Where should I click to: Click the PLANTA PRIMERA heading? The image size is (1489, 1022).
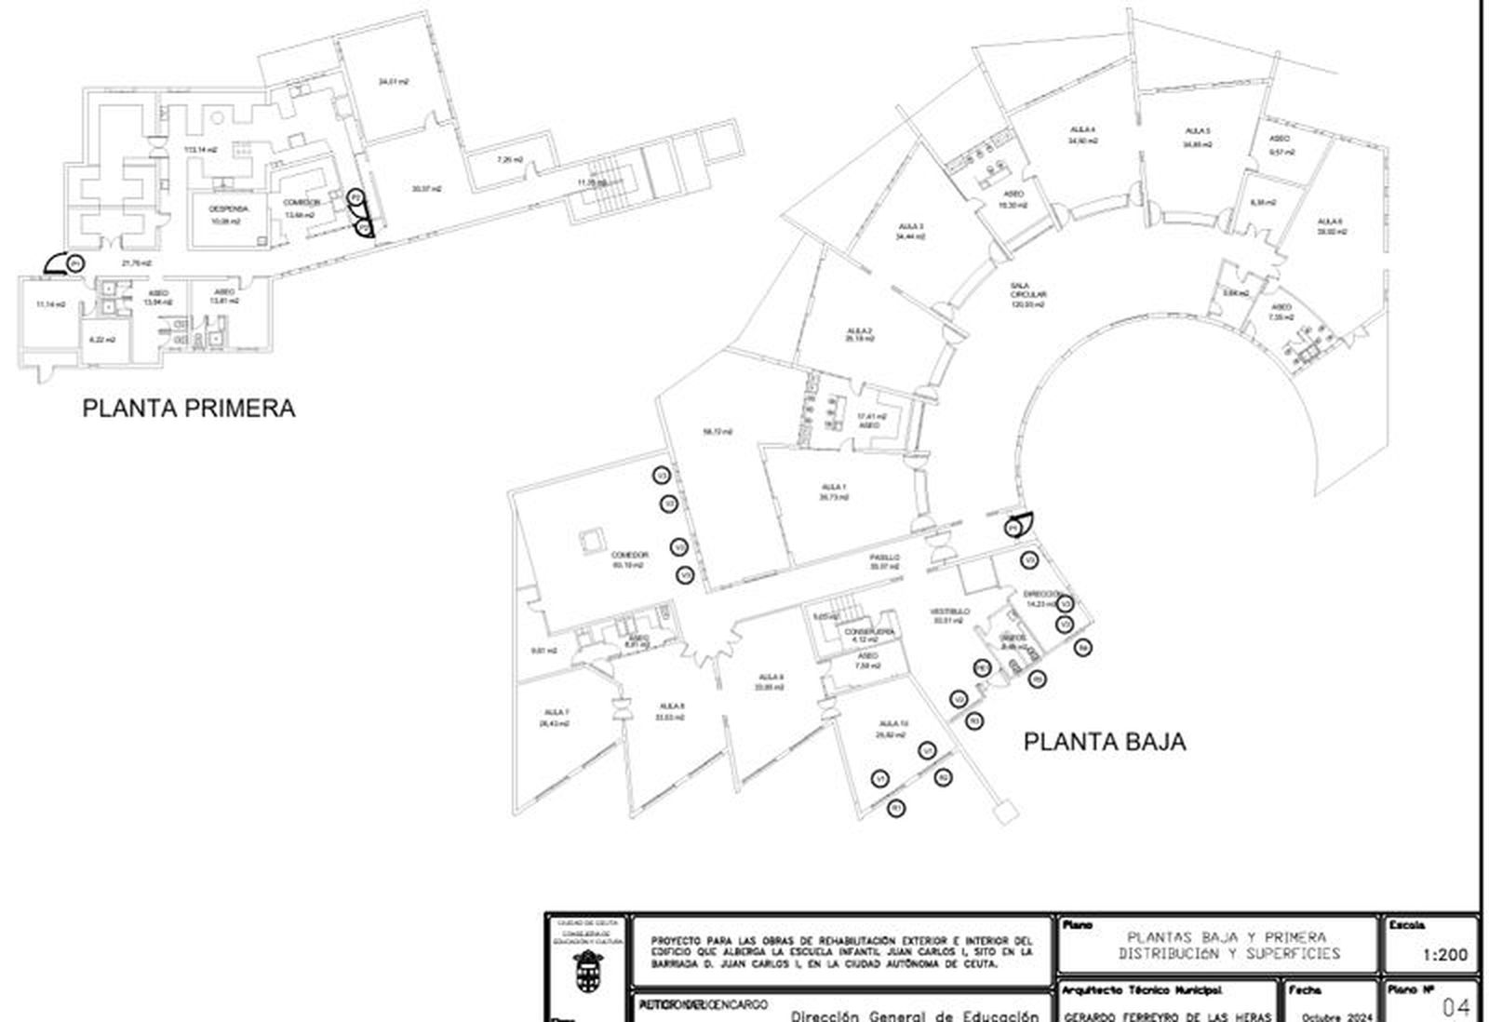tap(189, 409)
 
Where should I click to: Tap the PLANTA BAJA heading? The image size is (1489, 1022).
tap(1105, 742)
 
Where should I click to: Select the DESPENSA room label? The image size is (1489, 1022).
tap(229, 209)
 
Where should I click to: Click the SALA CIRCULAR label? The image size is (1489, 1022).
tap(1028, 294)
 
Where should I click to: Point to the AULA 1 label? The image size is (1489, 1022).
tap(834, 487)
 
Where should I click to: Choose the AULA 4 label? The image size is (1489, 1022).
tap(1082, 129)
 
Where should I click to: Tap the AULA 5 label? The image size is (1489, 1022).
tap(1197, 131)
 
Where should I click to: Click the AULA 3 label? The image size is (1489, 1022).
tap(911, 226)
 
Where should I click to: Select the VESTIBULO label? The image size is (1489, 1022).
tap(949, 612)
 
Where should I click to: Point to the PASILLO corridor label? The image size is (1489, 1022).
tap(885, 558)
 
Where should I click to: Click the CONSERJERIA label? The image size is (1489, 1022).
tap(869, 631)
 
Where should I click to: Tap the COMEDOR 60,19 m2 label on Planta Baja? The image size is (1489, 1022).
tap(630, 559)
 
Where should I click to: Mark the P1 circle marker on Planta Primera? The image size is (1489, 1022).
tap(74, 264)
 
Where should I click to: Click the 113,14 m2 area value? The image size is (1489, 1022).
tap(200, 150)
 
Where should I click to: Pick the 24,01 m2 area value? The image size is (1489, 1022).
tap(394, 82)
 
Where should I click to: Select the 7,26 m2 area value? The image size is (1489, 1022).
tap(510, 160)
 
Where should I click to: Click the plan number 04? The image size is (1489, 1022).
tap(1455, 1006)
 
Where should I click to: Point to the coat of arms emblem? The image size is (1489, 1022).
tap(587, 971)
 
